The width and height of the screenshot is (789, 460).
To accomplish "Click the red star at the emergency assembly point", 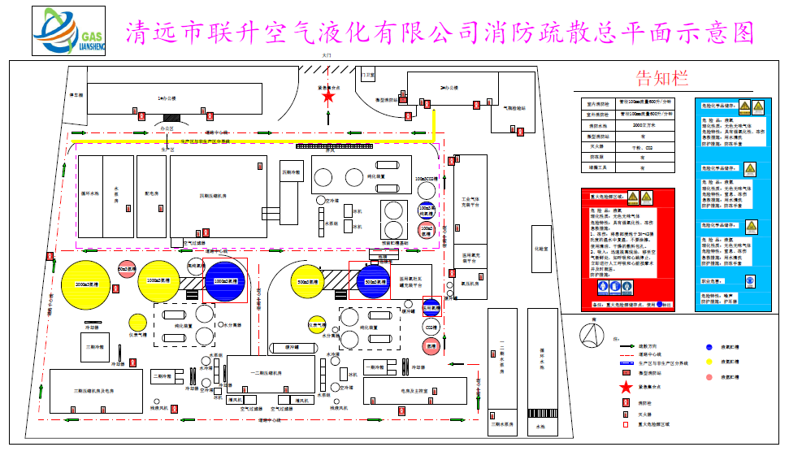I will [328, 97].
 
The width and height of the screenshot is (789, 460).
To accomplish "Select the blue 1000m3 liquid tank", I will [224, 281].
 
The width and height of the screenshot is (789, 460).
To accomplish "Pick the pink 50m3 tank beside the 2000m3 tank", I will [126, 269].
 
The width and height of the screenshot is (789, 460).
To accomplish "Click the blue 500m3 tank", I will [375, 281].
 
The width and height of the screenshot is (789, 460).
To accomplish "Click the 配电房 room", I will [151, 195].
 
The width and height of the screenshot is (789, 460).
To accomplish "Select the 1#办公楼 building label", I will [167, 98].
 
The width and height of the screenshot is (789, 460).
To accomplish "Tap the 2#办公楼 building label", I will [445, 86].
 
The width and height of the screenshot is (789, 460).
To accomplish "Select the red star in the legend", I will [626, 387].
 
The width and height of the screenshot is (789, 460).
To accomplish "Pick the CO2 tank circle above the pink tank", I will [431, 328].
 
